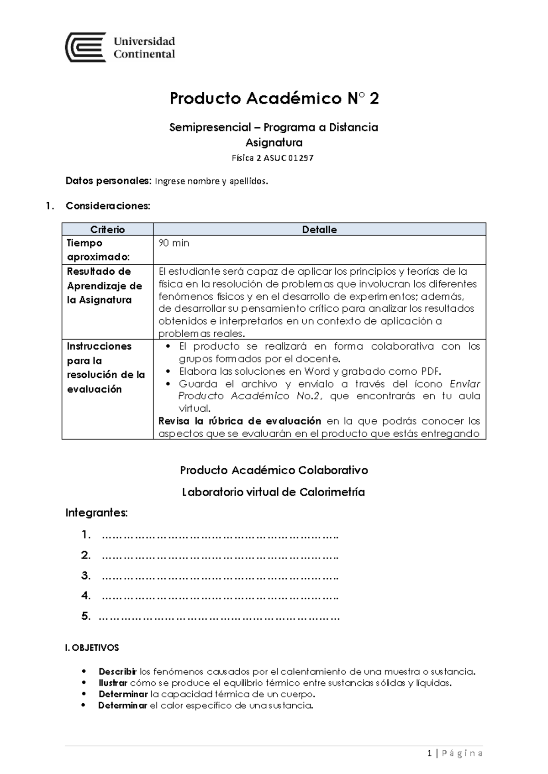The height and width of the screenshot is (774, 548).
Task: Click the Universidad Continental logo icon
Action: [x=86, y=47]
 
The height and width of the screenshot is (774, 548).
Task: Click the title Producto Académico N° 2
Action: [x=274, y=99]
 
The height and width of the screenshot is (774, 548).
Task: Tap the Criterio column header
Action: [x=107, y=230]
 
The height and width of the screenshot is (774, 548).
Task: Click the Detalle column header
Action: [x=319, y=230]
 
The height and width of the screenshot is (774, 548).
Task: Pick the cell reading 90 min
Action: [x=174, y=243]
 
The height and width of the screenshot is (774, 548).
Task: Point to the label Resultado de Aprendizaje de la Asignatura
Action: [x=105, y=286]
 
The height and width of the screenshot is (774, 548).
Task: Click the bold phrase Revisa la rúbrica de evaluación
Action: [x=239, y=421]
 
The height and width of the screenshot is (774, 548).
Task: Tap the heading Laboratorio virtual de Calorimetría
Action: [x=273, y=492]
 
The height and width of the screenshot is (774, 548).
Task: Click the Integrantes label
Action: [x=96, y=513]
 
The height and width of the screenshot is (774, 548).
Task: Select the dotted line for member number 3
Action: [x=220, y=576]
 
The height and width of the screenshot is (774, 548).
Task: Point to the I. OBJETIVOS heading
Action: [x=92, y=648]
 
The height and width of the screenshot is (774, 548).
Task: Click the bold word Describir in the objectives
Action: [x=117, y=672]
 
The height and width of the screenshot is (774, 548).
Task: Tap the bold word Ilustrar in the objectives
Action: [x=113, y=683]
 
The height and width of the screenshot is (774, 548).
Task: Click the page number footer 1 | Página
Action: [x=455, y=753]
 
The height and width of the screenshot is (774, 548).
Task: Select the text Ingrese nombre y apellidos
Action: [x=211, y=181]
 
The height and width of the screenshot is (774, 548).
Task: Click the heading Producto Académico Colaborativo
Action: [x=274, y=470]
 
